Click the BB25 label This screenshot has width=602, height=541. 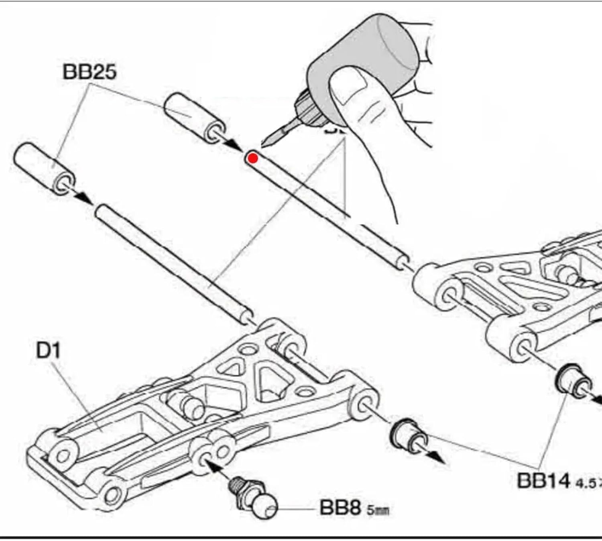[x=89, y=72]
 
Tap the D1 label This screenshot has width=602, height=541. [x=48, y=350]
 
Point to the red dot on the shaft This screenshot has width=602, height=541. [x=253, y=158]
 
